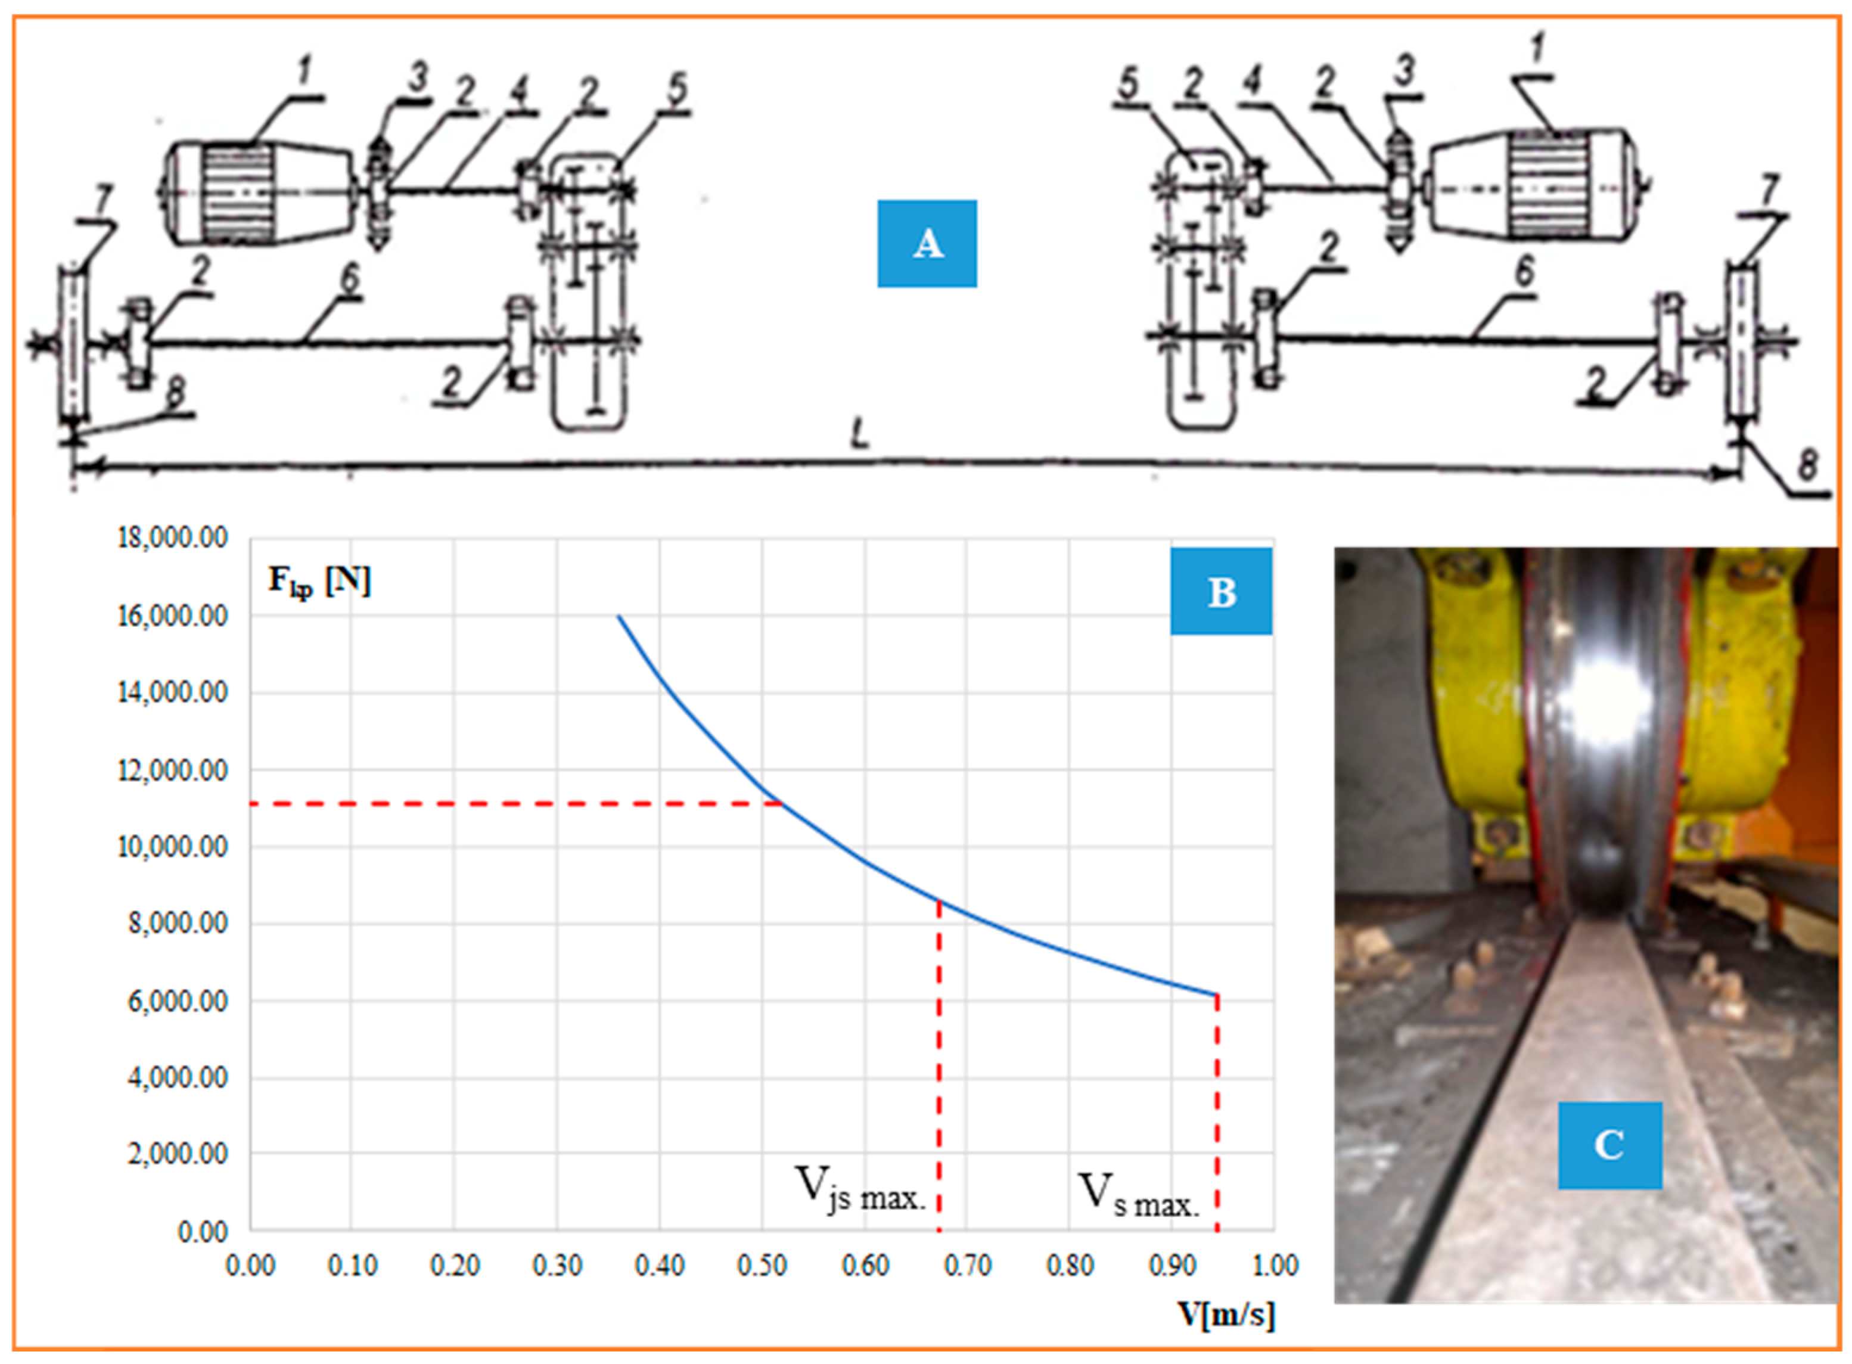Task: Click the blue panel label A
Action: click(x=927, y=244)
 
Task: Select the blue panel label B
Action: click(x=1220, y=591)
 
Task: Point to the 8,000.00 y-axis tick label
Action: click(x=178, y=922)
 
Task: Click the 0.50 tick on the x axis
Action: click(x=762, y=1265)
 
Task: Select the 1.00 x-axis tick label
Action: click(x=1275, y=1265)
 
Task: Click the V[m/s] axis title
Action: click(x=1226, y=1313)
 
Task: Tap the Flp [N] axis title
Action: click(x=319, y=581)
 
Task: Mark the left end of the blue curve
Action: click(x=619, y=617)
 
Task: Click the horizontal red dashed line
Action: click(x=512, y=803)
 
